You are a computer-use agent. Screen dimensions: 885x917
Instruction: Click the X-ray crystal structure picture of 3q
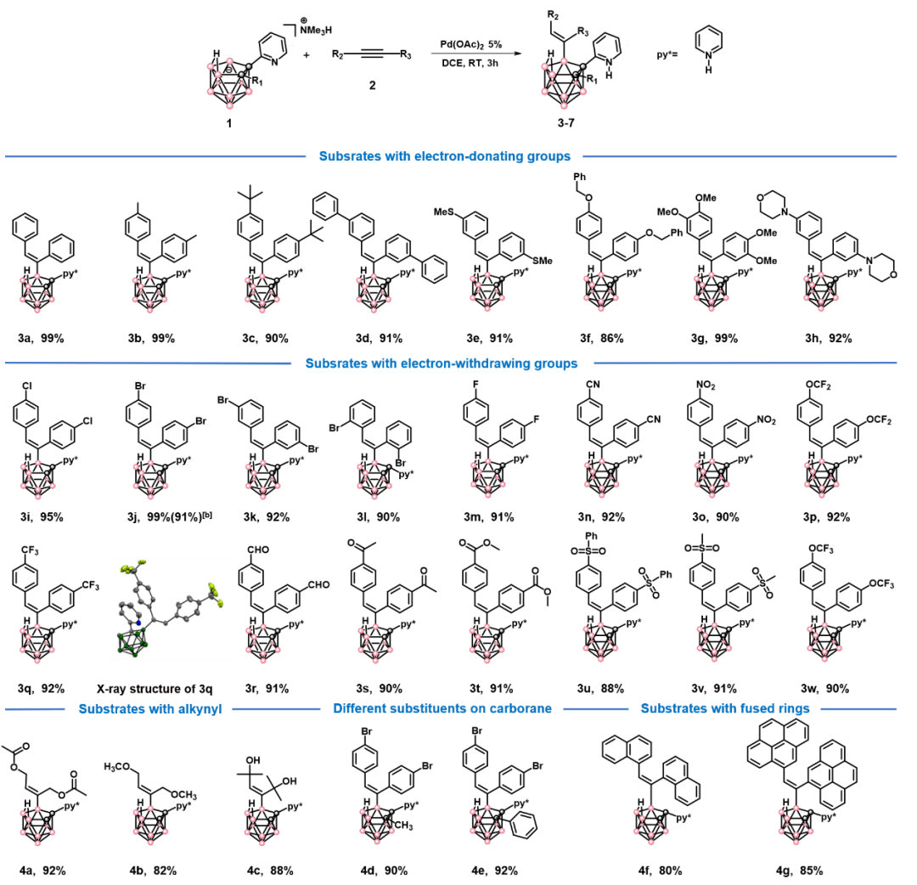169,607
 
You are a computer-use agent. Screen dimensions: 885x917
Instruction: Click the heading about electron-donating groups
445,156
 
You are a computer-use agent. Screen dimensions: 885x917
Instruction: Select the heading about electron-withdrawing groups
442,364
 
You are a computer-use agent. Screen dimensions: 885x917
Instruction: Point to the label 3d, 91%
378,338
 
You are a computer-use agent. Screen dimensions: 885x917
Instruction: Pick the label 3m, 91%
492,516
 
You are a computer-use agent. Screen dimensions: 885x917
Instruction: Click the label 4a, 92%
43,871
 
